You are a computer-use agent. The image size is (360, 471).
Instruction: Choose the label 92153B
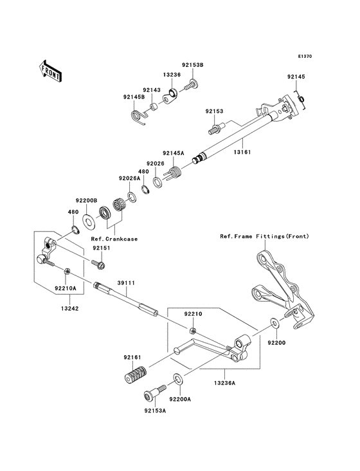pyautogui.click(x=192, y=64)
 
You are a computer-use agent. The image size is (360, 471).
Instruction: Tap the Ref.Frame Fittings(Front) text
pyautogui.click(x=264, y=236)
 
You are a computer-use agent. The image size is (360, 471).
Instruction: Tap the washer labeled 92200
pyautogui.click(x=274, y=323)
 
